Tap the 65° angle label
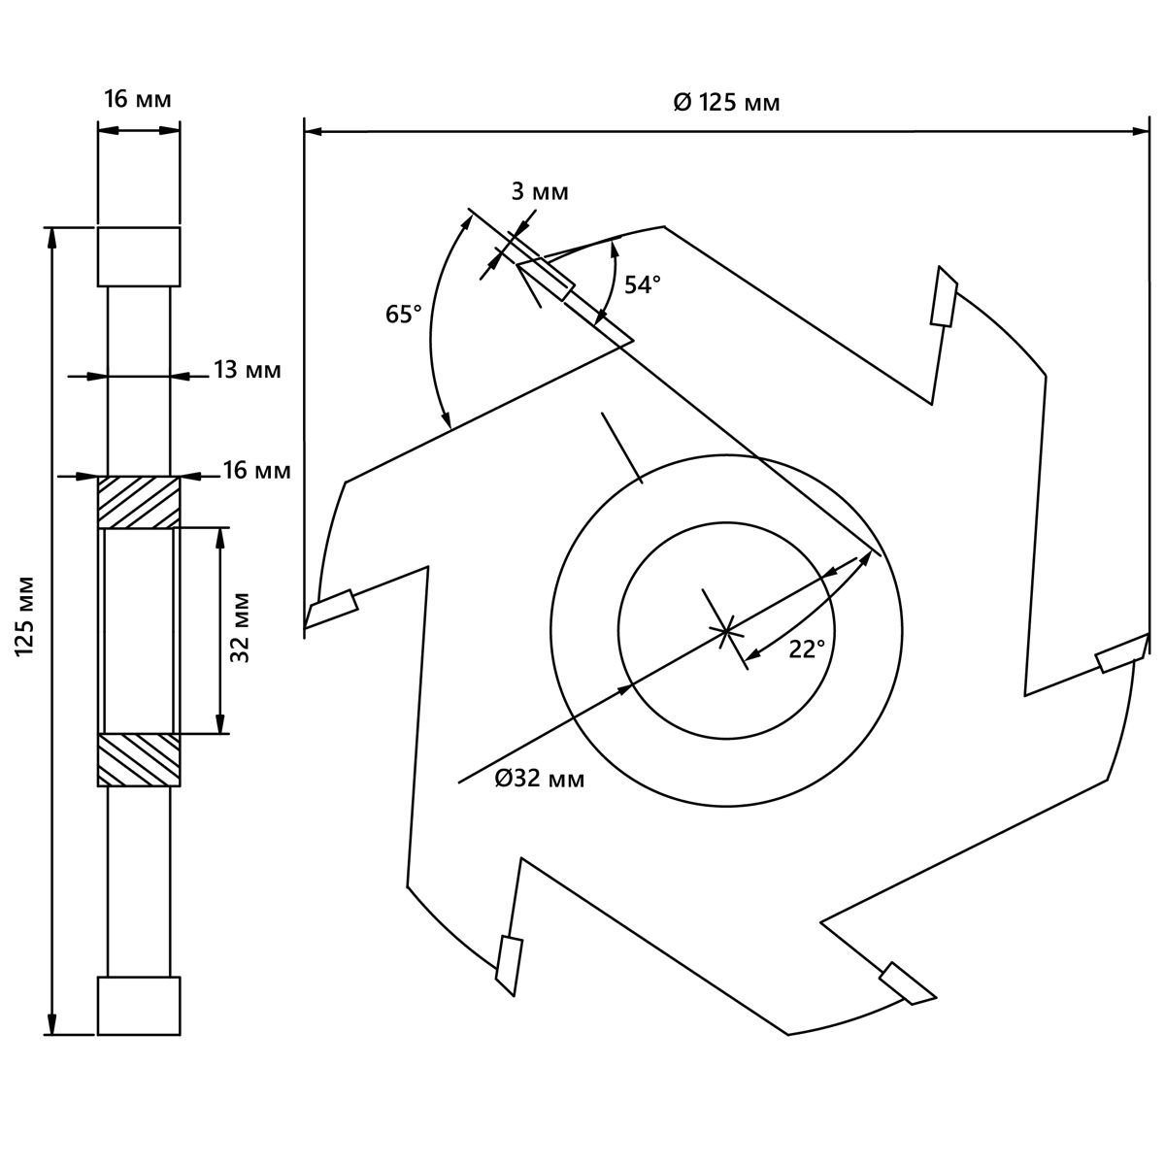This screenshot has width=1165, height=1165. click(x=404, y=315)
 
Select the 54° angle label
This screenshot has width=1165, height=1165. click(x=642, y=284)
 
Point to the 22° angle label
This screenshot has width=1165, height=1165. click(x=806, y=649)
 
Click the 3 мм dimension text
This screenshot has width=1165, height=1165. click(x=540, y=191)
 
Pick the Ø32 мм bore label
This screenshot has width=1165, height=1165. click(x=540, y=779)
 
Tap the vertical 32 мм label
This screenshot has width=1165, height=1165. click(x=243, y=627)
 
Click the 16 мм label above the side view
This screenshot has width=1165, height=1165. click(x=138, y=98)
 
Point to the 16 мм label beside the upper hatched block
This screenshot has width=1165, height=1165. click(x=256, y=471)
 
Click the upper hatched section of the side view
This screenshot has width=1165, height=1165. click(x=138, y=502)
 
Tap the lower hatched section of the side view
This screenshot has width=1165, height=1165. click(x=138, y=759)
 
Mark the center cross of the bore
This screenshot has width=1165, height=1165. click(x=725, y=631)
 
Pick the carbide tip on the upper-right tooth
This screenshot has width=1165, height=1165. click(x=944, y=296)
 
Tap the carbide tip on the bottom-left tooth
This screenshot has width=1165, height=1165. click(x=509, y=964)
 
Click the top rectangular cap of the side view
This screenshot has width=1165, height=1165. click(x=138, y=257)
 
